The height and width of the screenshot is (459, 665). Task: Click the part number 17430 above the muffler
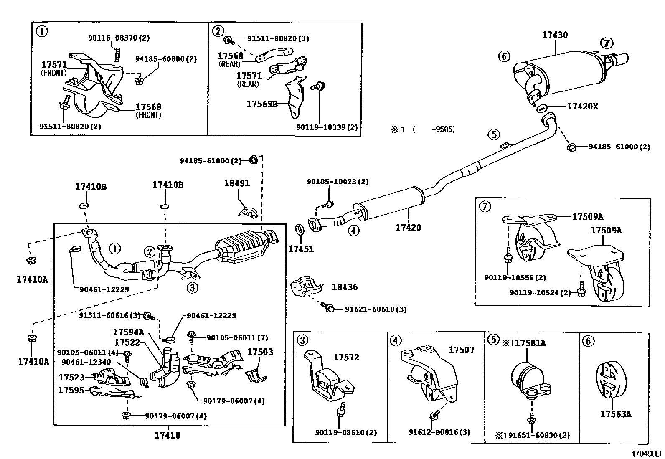[x=555, y=35]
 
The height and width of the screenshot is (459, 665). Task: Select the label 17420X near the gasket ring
[x=582, y=107]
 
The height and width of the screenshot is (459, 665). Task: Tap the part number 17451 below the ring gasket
[x=300, y=249]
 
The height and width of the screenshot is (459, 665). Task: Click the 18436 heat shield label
[x=345, y=287]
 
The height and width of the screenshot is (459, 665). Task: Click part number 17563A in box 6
[x=616, y=414]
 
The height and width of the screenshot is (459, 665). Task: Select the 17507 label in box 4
[x=462, y=350]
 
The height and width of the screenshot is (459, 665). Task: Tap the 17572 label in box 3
[x=346, y=358]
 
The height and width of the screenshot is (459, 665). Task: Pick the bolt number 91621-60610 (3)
[x=376, y=309]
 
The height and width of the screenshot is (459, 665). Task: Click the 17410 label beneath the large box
[x=168, y=436]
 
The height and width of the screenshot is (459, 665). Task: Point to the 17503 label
[x=260, y=352]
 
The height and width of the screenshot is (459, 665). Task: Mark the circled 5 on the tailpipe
[x=493, y=134]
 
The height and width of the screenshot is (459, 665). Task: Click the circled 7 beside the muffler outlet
[x=607, y=43]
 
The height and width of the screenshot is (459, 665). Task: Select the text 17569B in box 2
[x=262, y=104]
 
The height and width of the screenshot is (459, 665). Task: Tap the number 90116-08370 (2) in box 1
[x=119, y=38]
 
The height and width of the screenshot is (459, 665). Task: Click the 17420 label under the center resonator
[x=408, y=228]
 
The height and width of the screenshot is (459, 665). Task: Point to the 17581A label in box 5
[x=530, y=343]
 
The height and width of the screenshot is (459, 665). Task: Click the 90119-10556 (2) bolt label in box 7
[x=515, y=278]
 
